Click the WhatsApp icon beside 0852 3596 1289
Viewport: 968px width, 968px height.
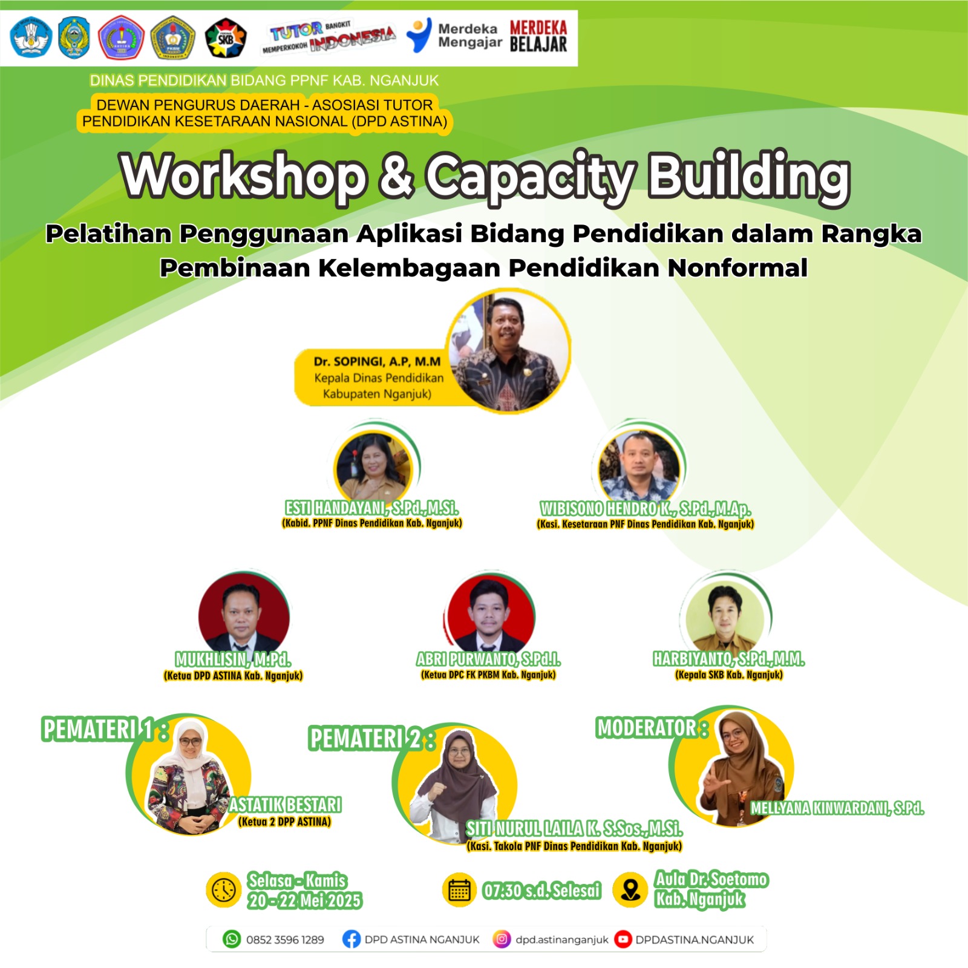coord(232,939)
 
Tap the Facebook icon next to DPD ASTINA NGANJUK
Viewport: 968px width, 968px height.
coord(351,939)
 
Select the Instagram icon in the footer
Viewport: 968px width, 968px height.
coord(502,939)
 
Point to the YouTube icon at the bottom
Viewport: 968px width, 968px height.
coord(623,939)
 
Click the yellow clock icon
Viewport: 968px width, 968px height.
coord(224,890)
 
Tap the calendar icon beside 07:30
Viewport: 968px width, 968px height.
coord(459,890)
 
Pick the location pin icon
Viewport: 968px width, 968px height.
coord(631,890)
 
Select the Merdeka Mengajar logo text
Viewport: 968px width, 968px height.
coord(470,35)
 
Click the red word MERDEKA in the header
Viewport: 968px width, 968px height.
coord(538,27)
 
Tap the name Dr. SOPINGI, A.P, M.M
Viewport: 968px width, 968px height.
coord(377,361)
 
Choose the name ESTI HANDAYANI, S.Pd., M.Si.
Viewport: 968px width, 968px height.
coord(371,508)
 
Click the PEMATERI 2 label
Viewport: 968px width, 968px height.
coord(371,738)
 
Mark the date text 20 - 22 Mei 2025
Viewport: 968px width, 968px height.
coord(304,901)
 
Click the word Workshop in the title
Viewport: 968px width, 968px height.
coord(244,177)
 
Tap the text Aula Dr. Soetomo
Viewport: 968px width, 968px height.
coord(711,879)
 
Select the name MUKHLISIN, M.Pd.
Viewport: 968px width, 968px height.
coord(233,659)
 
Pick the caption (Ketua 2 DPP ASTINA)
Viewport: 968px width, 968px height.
coord(284,822)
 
